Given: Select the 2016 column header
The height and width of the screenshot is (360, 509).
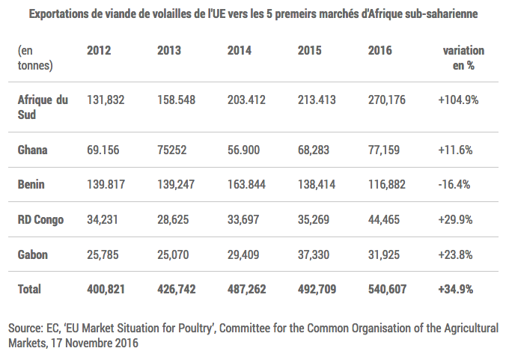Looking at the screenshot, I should click(x=380, y=51).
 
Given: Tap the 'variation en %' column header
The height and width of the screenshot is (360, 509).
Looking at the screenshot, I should click(x=463, y=58).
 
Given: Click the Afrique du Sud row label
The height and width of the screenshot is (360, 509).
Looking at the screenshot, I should click(x=43, y=107).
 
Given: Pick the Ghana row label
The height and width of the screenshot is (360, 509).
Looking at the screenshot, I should click(x=32, y=150).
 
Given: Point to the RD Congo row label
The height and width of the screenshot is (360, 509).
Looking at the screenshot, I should click(x=40, y=219).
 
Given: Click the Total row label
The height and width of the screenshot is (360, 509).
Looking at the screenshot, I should click(x=29, y=289).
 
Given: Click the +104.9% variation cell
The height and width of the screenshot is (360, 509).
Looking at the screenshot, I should click(x=458, y=100).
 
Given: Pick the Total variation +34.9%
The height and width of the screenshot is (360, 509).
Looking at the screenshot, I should click(x=455, y=289).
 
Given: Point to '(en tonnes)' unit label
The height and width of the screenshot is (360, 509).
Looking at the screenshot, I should click(x=34, y=58).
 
